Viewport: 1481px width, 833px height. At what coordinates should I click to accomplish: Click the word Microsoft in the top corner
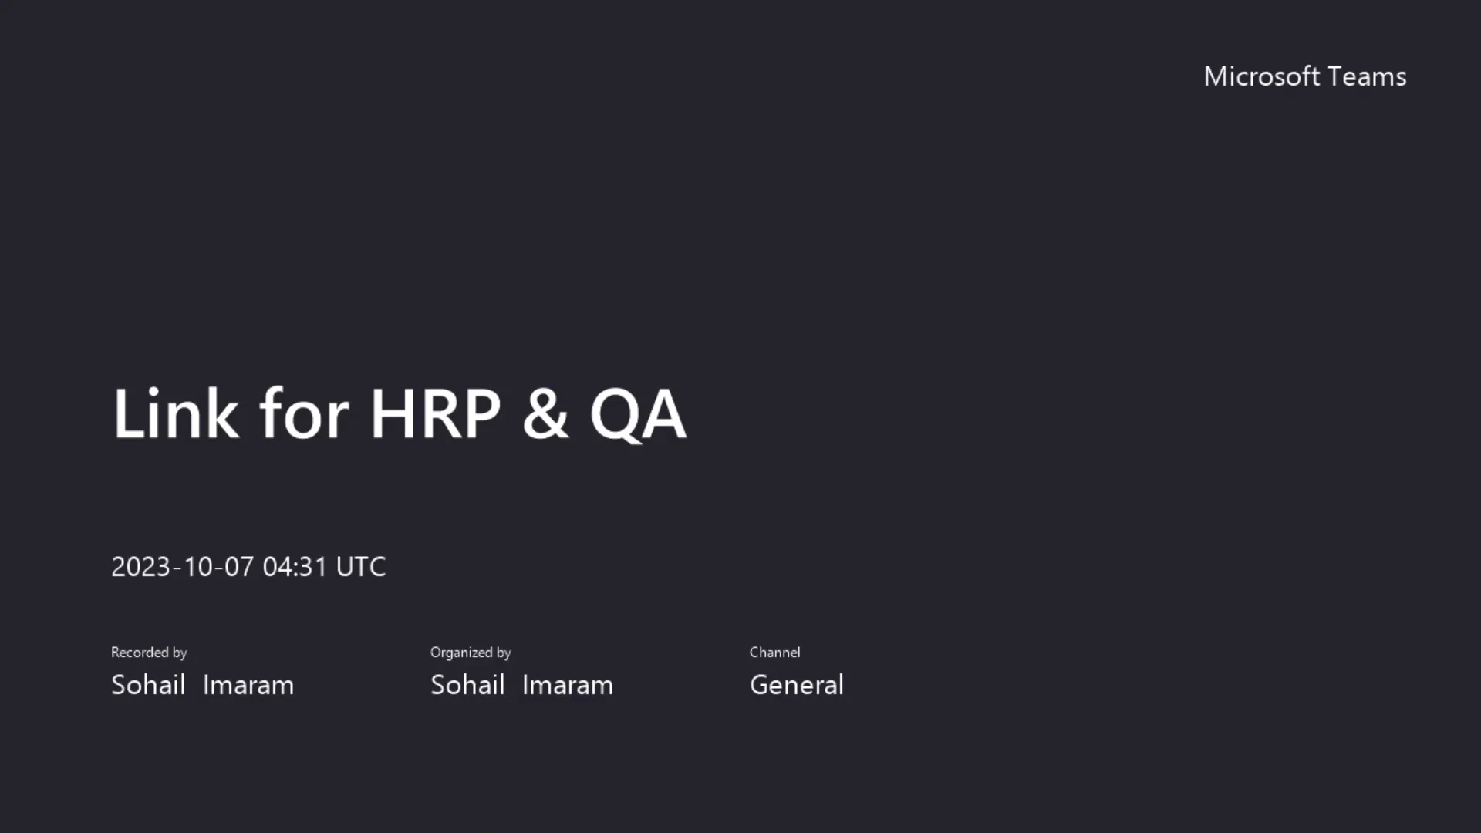[x=1261, y=76]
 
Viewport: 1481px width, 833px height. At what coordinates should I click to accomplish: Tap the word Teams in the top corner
[x=1368, y=76]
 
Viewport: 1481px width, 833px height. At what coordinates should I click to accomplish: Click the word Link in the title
[x=176, y=414]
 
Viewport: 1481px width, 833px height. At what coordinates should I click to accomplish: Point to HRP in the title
[x=436, y=414]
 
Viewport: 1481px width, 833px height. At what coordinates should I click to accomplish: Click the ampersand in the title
[x=545, y=414]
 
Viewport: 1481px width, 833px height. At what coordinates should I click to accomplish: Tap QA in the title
[x=638, y=414]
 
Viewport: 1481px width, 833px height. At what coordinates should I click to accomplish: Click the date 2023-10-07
[x=182, y=567]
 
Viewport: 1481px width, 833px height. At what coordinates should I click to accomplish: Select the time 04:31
[x=295, y=567]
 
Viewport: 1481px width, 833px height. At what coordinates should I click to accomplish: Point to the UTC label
[x=361, y=567]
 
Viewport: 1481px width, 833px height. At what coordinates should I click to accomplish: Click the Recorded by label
[x=149, y=653]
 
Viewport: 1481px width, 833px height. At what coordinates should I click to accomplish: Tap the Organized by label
[x=471, y=653]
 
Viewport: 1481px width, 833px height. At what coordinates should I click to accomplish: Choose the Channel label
[x=774, y=653]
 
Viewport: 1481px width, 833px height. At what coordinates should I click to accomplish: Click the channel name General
[x=797, y=685]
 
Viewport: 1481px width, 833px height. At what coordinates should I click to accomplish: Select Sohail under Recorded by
[x=148, y=685]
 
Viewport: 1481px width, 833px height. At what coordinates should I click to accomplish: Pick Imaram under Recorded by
[x=248, y=685]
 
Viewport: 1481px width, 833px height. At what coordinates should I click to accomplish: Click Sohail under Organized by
[x=467, y=685]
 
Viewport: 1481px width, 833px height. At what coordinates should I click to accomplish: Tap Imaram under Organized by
[x=568, y=685]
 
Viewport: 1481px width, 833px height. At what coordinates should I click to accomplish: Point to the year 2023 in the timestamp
[x=140, y=567]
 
